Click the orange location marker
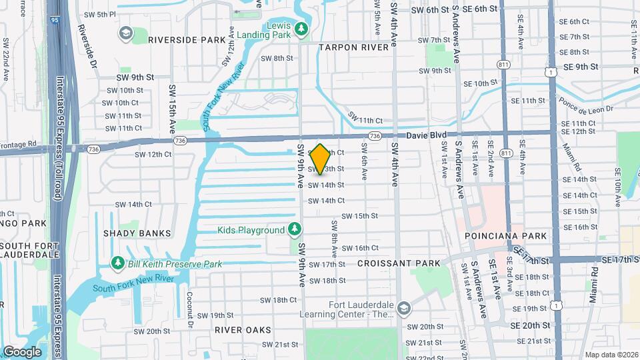click(x=321, y=159)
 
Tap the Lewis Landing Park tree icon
click(x=301, y=29)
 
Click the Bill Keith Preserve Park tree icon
click(x=118, y=264)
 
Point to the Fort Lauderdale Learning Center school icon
click(x=403, y=309)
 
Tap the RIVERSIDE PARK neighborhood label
click(x=187, y=40)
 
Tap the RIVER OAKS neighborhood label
click(x=243, y=330)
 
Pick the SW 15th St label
click(x=359, y=216)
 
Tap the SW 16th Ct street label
click(x=360, y=248)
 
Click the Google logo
click(x=22, y=351)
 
